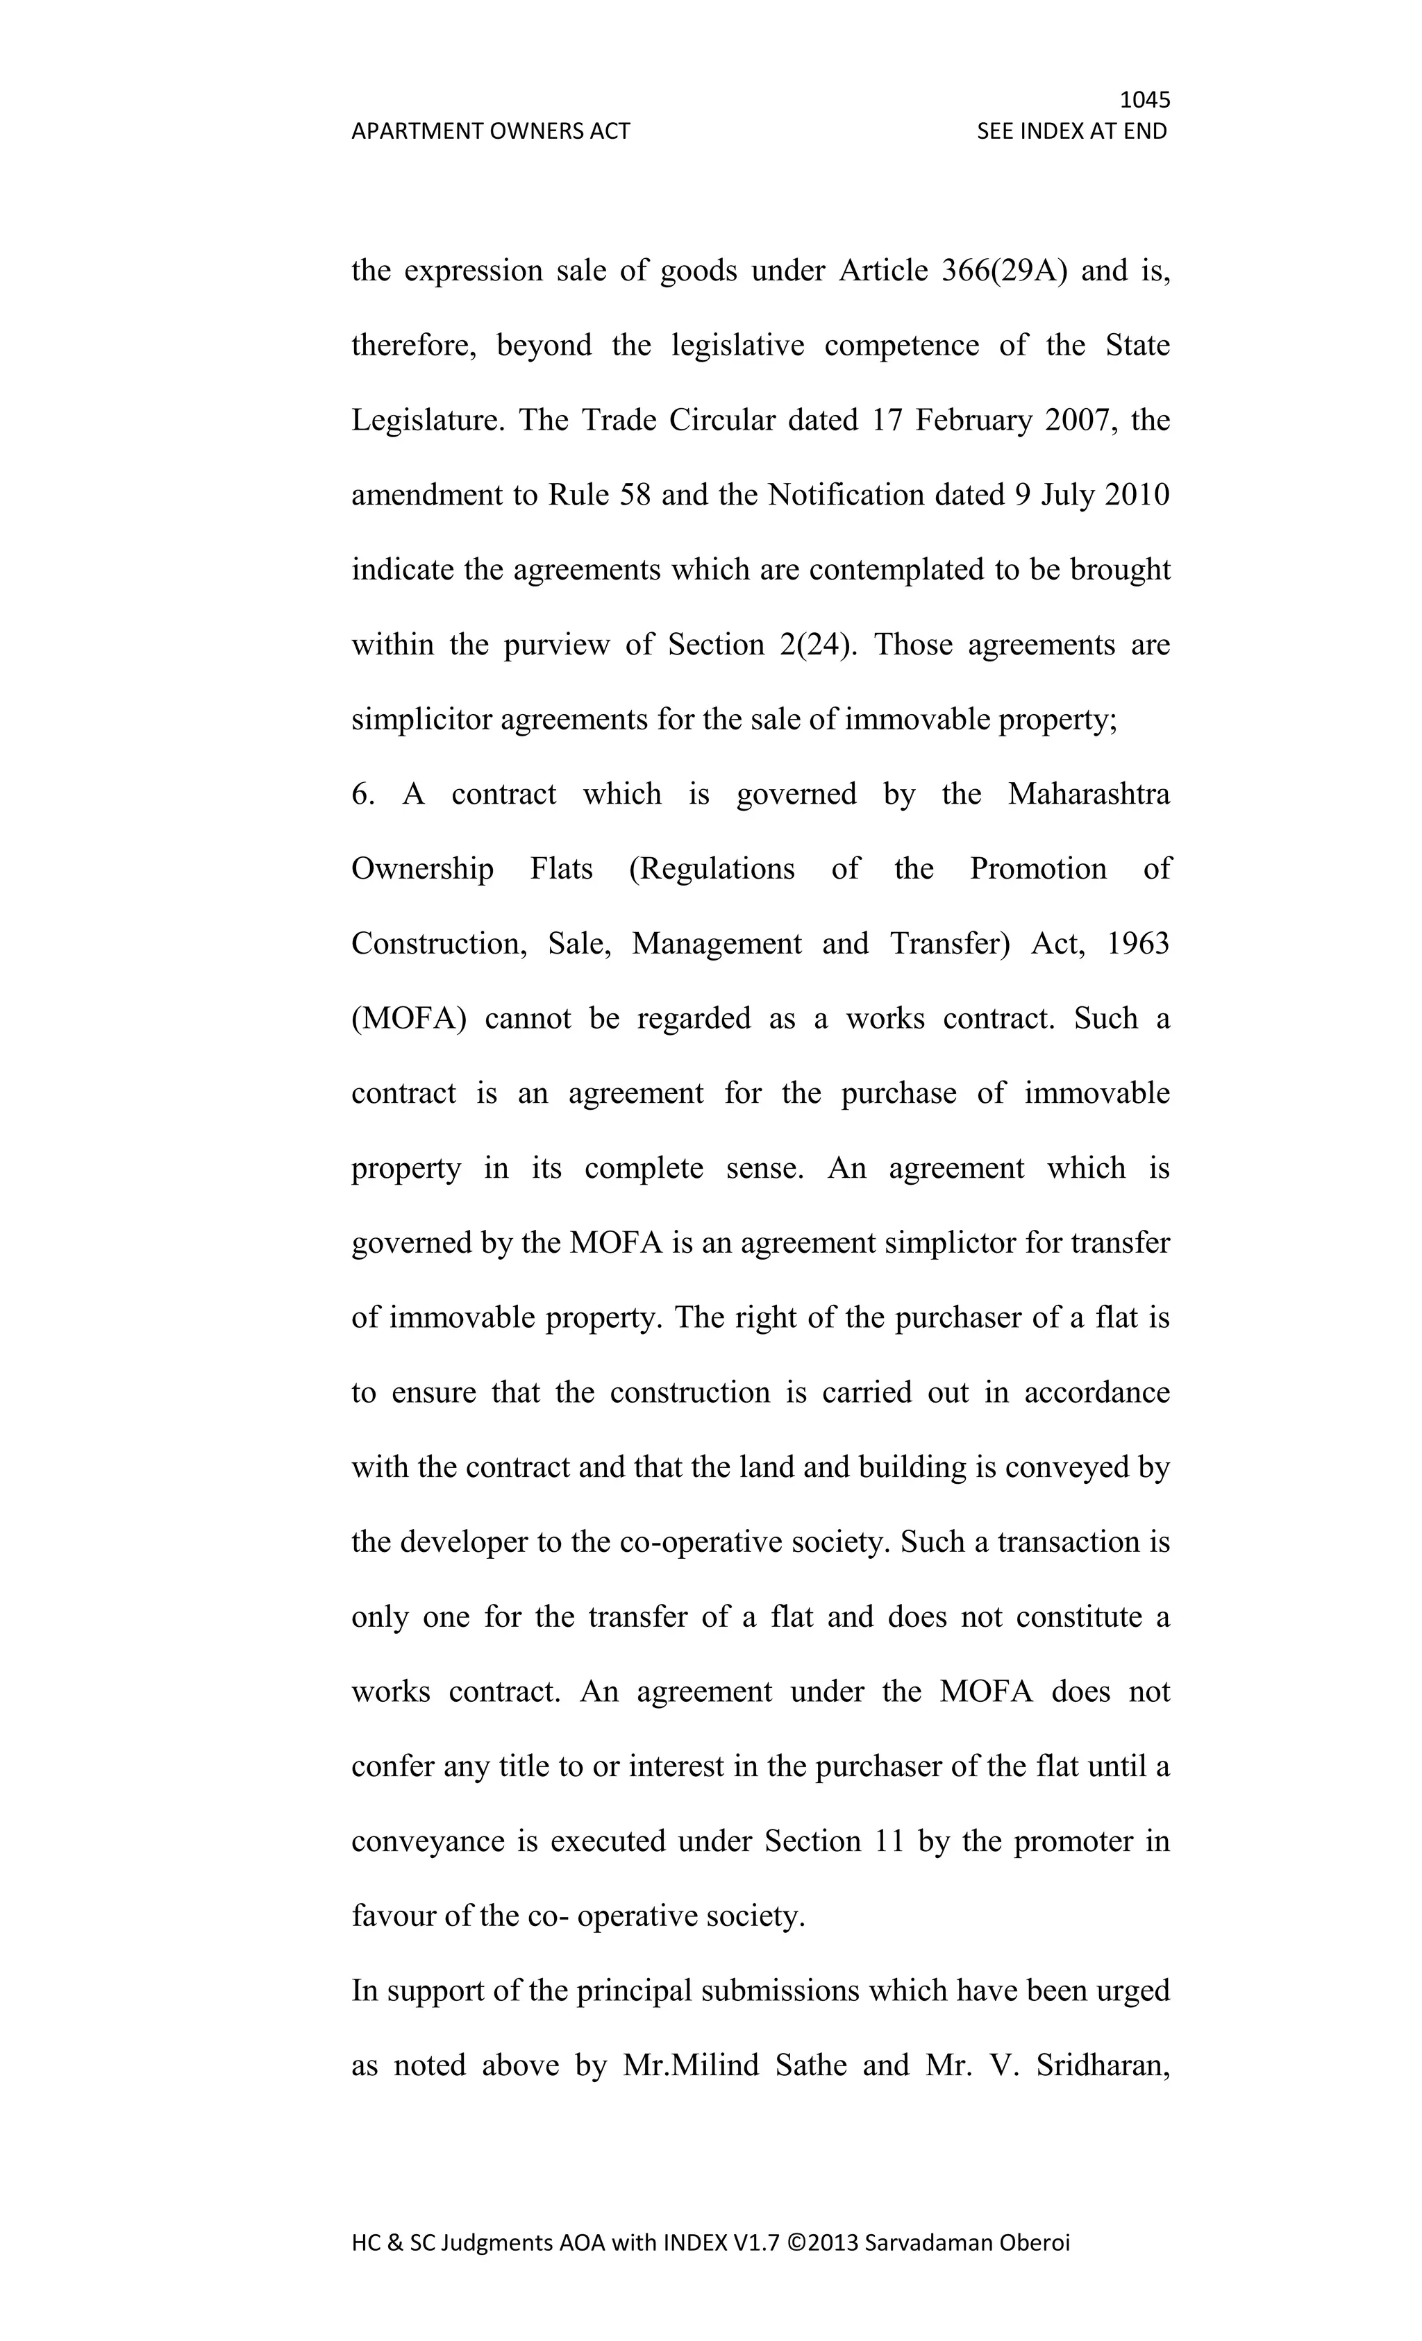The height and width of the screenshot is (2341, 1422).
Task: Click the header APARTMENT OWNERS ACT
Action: click(490, 131)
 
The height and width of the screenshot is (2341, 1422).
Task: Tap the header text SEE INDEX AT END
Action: click(1071, 131)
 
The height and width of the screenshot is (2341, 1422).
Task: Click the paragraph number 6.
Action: click(362, 794)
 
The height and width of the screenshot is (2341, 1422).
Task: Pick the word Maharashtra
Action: click(1088, 794)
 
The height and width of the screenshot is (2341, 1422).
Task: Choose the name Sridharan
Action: click(1103, 2066)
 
